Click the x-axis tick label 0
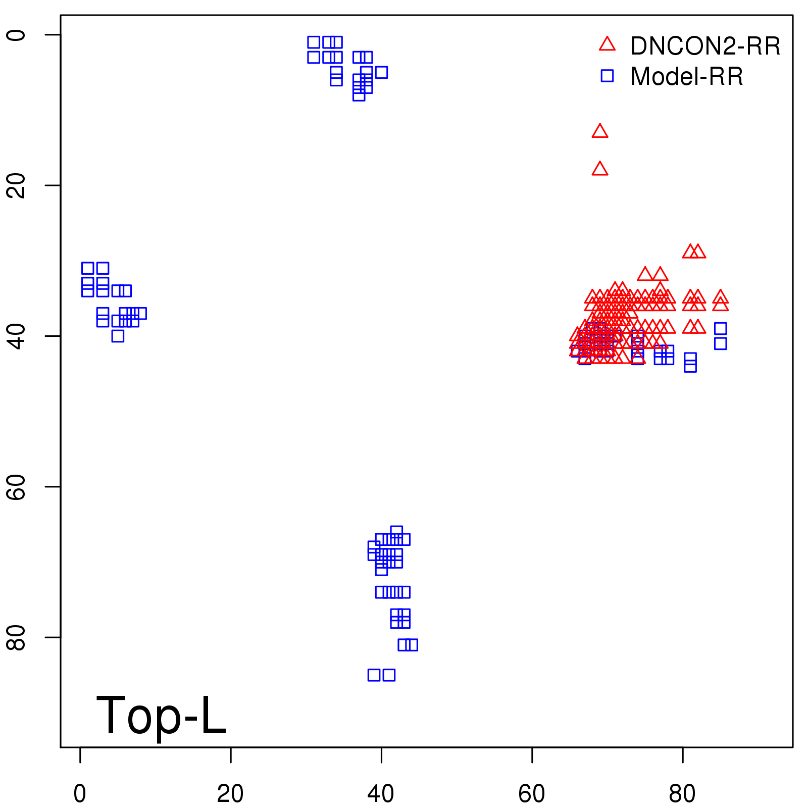[x=80, y=794]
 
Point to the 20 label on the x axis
[x=230, y=794]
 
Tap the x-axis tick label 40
[x=381, y=794]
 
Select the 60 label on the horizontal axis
[x=532, y=794]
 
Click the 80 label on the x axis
[x=682, y=794]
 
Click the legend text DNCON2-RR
[x=705, y=46]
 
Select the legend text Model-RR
[x=687, y=77]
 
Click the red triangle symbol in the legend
[x=607, y=44]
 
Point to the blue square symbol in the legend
[x=607, y=76]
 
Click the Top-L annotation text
[x=161, y=715]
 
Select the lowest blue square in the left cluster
[x=118, y=336]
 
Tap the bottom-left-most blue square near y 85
[x=374, y=675]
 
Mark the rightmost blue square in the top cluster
[x=381, y=72]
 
